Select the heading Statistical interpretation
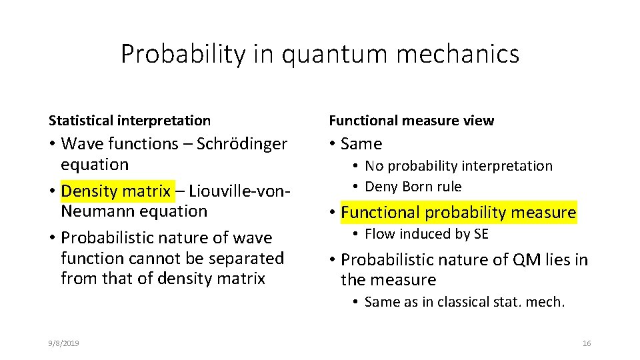(x=129, y=121)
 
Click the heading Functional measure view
(x=411, y=121)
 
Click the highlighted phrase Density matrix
(x=115, y=191)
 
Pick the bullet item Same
(x=361, y=144)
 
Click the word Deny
(x=381, y=187)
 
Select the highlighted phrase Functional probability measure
(x=458, y=213)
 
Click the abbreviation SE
(x=480, y=234)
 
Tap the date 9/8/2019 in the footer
(x=64, y=343)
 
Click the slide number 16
(x=587, y=343)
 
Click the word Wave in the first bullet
(x=82, y=144)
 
